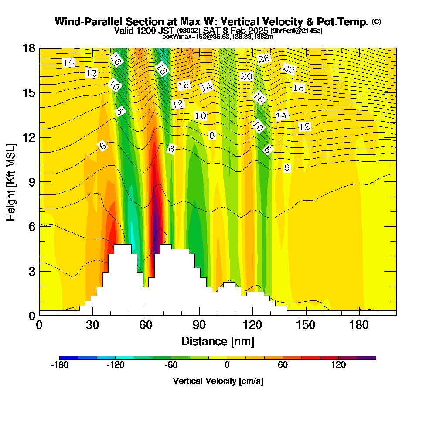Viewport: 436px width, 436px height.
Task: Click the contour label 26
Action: [263, 59]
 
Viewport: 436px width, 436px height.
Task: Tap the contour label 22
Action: [289, 69]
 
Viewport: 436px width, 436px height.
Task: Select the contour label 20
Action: [246, 77]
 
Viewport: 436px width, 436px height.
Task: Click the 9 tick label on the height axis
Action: [31, 182]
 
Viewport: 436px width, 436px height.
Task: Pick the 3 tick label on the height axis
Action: [31, 271]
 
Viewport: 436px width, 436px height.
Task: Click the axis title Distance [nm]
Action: [218, 341]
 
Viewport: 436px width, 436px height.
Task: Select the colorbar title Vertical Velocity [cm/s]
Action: [218, 381]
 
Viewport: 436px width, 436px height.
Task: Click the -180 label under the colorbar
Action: [60, 365]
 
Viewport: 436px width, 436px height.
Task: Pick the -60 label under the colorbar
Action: [171, 365]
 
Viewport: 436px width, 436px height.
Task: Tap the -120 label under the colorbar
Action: [116, 365]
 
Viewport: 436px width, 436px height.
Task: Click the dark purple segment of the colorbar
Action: [366, 358]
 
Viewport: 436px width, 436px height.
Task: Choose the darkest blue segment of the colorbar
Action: [69, 358]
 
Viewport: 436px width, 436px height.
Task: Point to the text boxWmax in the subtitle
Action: [174, 37]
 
